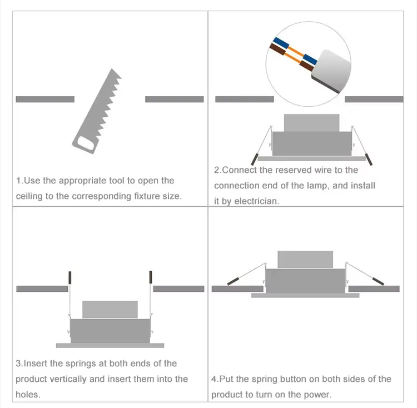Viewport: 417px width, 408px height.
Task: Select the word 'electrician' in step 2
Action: tap(256, 201)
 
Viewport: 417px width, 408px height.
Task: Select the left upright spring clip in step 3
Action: tap(70, 277)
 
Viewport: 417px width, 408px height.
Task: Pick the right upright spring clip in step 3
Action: tap(150, 277)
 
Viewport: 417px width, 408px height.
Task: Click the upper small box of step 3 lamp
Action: tap(110, 310)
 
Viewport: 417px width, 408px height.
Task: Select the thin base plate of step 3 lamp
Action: tap(110, 345)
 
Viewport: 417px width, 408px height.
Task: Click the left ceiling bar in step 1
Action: tap(45, 99)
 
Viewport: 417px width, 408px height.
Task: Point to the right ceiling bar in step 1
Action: tap(175, 99)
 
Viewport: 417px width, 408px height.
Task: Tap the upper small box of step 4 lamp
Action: tap(305, 260)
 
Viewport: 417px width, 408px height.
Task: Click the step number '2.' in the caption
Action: tap(217, 170)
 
